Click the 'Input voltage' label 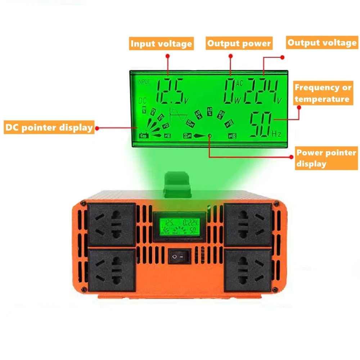(x=161, y=44)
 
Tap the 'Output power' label (x=239, y=44)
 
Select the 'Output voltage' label (x=322, y=43)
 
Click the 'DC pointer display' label (x=49, y=127)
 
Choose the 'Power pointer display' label (x=326, y=158)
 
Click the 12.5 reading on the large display (x=172, y=90)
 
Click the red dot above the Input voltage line (x=167, y=56)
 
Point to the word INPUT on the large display (x=143, y=82)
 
